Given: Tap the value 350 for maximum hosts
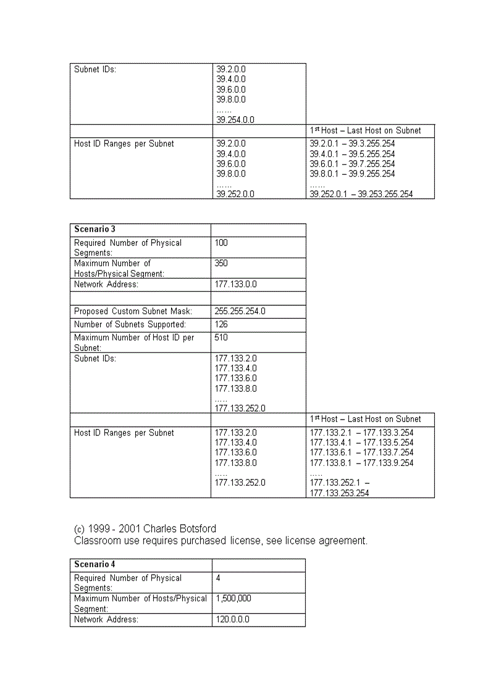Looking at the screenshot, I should [x=221, y=263].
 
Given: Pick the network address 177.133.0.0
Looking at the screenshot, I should [x=235, y=284].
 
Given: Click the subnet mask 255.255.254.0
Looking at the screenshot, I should [x=240, y=311].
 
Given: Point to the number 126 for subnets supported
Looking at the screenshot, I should [x=221, y=324].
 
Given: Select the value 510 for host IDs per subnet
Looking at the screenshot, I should [x=221, y=337].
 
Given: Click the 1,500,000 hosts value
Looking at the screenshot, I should [x=233, y=598].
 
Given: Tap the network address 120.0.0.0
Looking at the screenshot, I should [x=232, y=619].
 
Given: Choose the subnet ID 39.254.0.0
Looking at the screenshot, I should [x=235, y=120].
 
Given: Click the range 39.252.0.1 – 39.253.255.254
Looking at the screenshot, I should [x=361, y=194].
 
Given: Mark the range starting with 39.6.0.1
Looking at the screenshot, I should [x=352, y=164].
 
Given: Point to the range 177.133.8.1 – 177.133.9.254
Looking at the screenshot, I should [x=361, y=463].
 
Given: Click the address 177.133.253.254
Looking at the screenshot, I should [x=339, y=493].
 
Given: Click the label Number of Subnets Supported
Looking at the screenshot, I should [x=130, y=324].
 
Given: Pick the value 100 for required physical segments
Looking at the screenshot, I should [x=221, y=243].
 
